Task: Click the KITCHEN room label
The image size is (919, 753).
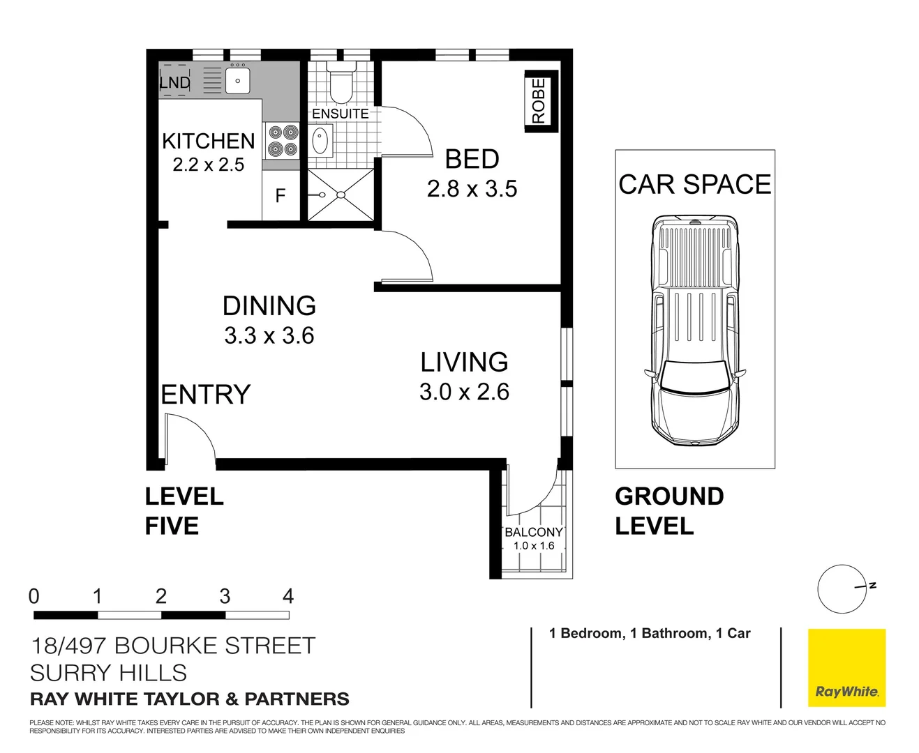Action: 208,141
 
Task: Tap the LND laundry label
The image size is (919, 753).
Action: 174,82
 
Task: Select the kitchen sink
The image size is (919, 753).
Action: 237,80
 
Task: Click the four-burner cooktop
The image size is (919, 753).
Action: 282,140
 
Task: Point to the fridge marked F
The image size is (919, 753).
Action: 281,196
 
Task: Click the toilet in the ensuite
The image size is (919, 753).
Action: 341,84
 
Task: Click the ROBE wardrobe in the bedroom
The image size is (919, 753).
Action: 539,102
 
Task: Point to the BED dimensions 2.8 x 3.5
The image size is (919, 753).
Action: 472,189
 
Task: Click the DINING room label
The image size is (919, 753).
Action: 269,306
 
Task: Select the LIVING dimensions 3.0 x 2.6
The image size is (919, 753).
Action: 464,392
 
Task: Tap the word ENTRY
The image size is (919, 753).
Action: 205,395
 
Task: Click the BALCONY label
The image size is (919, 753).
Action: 533,532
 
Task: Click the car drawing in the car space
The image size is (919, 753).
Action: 694,331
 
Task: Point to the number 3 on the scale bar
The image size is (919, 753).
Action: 225,596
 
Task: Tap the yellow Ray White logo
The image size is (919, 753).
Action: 846,668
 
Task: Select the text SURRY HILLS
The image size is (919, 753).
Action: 109,673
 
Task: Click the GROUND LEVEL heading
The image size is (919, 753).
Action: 668,511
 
